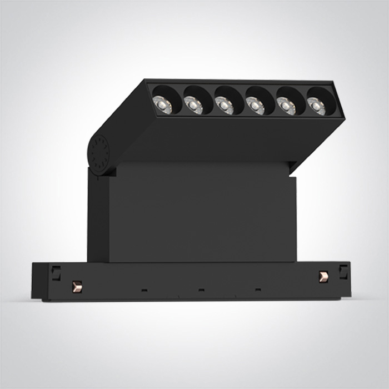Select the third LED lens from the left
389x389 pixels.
point(225,103)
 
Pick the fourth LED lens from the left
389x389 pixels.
point(256,104)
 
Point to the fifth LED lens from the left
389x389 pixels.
point(287,106)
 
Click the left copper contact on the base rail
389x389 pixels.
point(77,286)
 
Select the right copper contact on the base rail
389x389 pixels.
point(323,276)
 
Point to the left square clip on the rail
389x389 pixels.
point(56,272)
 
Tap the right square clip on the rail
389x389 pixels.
point(343,272)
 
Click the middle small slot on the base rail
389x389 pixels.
point(201,290)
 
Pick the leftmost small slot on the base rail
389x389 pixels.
point(144,290)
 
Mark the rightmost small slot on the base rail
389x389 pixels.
point(258,289)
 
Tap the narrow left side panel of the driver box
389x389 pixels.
point(98,217)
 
